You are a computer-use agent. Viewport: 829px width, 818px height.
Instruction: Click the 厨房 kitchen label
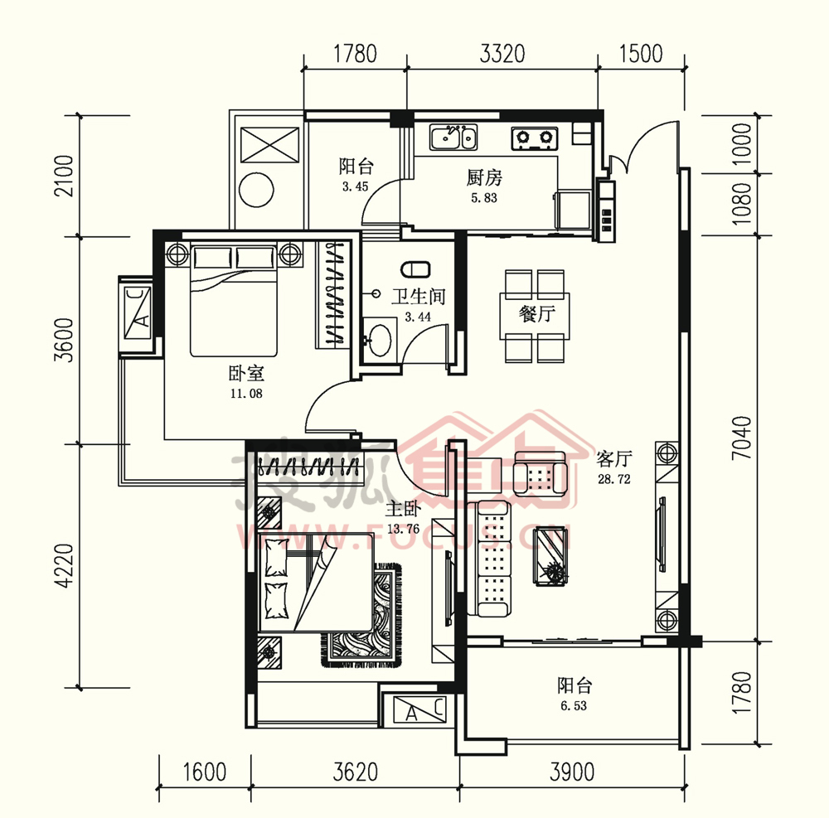coord(484,177)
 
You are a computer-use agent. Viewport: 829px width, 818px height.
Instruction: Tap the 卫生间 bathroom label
coord(418,297)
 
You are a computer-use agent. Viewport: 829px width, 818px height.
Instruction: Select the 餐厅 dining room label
coord(536,313)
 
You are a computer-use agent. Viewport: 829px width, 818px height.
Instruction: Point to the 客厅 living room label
coord(613,458)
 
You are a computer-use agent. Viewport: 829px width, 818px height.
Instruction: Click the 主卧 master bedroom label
coord(403,509)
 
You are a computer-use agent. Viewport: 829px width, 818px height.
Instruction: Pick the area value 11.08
coord(246,393)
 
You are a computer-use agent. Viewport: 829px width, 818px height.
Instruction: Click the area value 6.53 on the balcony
coord(574,705)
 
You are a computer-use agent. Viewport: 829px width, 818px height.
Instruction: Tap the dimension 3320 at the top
coord(502,54)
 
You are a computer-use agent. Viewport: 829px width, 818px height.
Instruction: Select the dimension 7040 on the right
coord(742,438)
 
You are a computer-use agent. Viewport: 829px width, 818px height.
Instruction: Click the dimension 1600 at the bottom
coord(205,772)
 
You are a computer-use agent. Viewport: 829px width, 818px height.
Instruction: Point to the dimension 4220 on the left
coord(65,566)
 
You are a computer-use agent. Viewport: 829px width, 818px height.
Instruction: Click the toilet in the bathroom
coord(415,269)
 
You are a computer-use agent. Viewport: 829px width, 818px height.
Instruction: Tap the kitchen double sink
coord(453,138)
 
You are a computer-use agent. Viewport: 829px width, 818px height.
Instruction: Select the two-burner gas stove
coord(535,138)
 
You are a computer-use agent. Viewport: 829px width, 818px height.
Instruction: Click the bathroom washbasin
coord(380,340)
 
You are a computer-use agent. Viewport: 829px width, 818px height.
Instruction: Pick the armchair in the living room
coord(541,473)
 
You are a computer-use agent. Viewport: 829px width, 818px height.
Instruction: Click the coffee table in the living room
coord(551,556)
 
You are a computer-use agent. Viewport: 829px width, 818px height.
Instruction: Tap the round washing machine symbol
coord(256,190)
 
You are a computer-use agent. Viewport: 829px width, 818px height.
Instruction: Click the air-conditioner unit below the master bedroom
coord(419,709)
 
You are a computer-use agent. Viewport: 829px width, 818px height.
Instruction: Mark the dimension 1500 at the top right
coord(641,54)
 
